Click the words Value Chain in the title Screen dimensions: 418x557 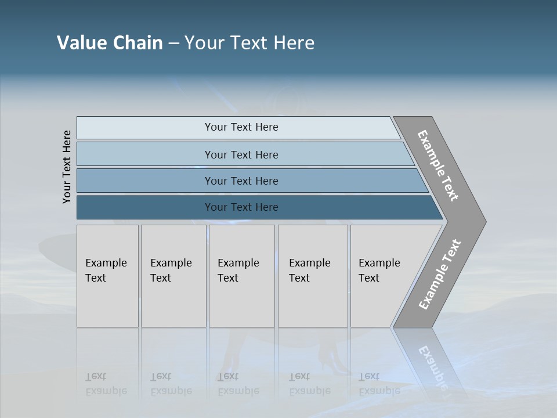click(x=110, y=43)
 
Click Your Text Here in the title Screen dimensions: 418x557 click(x=249, y=43)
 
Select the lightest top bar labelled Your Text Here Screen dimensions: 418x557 click(x=241, y=127)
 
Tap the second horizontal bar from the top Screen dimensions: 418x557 click(x=241, y=154)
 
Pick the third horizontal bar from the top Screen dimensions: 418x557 click(x=241, y=181)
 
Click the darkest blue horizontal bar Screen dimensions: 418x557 click(x=241, y=207)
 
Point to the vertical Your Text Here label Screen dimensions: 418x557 click(x=67, y=167)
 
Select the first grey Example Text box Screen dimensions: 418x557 click(x=107, y=276)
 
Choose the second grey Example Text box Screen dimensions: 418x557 click(x=173, y=276)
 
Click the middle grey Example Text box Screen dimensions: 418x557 click(x=241, y=276)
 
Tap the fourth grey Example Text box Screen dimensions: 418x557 click(x=312, y=276)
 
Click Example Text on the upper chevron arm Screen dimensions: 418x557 click(x=438, y=165)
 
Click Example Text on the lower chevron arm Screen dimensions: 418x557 click(x=440, y=274)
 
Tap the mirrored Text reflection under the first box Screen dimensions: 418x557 click(x=96, y=376)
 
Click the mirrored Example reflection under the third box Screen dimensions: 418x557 click(x=238, y=391)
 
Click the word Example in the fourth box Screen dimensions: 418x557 click(x=309, y=263)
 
